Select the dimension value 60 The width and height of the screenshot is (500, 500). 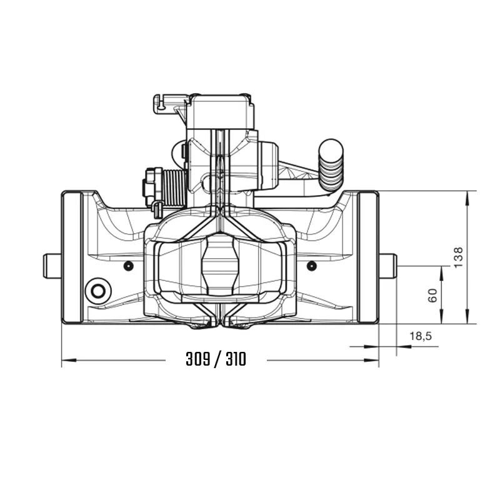click(x=432, y=295)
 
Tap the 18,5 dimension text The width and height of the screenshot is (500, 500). click(x=420, y=336)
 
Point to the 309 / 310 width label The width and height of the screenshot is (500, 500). click(x=216, y=359)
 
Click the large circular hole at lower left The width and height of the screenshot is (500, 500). click(x=99, y=291)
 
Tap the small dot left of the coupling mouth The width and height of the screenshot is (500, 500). click(x=128, y=266)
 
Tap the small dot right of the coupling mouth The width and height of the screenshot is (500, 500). click(x=311, y=266)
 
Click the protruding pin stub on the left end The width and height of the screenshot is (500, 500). click(x=51, y=265)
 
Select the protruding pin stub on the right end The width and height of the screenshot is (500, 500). click(x=387, y=265)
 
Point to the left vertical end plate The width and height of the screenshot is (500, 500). click(x=72, y=257)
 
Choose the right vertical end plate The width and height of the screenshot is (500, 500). click(x=368, y=257)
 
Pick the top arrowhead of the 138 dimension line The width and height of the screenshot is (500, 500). click(x=467, y=194)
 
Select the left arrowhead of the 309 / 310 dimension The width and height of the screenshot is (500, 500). click(x=66, y=360)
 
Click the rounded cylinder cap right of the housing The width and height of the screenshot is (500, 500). click(x=268, y=166)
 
